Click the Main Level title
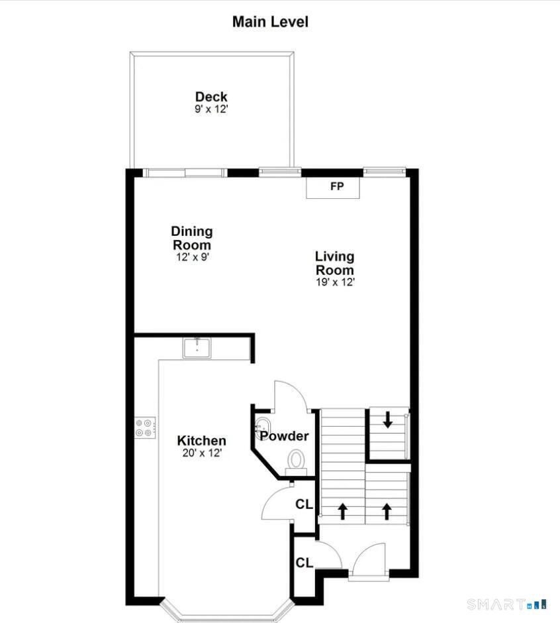click(270, 21)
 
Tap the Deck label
click(211, 97)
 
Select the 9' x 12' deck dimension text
click(211, 109)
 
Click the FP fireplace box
click(333, 188)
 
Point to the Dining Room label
click(192, 237)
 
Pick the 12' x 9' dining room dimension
click(193, 257)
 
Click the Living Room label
click(334, 263)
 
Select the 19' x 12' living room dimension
click(335, 282)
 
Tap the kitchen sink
click(197, 348)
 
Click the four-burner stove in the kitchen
click(145, 427)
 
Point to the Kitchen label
click(202, 440)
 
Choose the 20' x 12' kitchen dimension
click(202, 453)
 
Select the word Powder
click(284, 436)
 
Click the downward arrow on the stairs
click(387, 420)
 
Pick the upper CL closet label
click(304, 504)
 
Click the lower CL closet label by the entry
click(304, 563)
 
